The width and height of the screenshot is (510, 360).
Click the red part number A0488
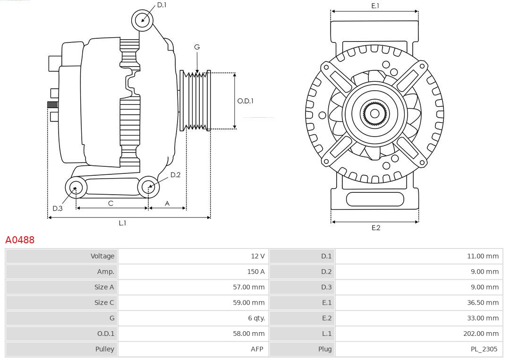(20, 240)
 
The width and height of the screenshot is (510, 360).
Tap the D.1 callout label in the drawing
(161, 5)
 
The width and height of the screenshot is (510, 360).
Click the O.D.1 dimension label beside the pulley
(245, 101)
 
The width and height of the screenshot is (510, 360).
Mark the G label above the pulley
(197, 47)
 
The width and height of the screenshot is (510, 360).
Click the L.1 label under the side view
(122, 223)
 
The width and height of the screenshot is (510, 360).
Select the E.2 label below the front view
(375, 228)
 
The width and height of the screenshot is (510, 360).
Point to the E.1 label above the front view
(375, 6)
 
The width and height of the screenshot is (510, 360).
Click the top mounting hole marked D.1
(142, 20)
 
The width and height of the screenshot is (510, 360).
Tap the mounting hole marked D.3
(75, 188)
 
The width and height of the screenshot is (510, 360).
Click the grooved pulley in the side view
(195, 101)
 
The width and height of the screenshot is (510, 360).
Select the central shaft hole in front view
(374, 113)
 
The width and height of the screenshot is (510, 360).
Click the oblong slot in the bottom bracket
(375, 199)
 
